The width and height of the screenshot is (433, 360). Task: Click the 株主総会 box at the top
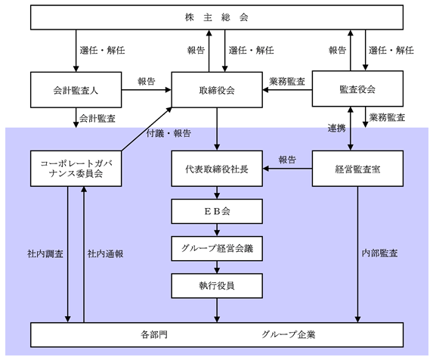click(x=217, y=17)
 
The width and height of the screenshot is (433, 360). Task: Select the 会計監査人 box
click(x=76, y=90)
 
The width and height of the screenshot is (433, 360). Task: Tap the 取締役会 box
click(x=217, y=90)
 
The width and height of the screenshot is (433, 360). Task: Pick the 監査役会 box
click(x=357, y=88)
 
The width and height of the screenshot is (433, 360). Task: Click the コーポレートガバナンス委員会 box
click(x=76, y=168)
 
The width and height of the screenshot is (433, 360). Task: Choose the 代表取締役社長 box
click(x=217, y=168)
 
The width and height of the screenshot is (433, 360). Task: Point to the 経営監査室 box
click(x=357, y=168)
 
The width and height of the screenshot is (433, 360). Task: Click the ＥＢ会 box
click(x=217, y=211)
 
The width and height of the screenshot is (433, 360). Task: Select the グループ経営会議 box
click(x=217, y=248)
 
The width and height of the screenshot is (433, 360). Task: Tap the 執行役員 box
click(x=217, y=286)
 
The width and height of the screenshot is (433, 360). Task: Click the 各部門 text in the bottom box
click(x=154, y=334)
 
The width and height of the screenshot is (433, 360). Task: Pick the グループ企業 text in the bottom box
click(x=289, y=334)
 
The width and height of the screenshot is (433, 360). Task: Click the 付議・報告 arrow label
click(x=169, y=133)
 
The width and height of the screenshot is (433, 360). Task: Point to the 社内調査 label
click(x=45, y=253)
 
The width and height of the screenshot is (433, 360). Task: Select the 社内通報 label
click(x=105, y=253)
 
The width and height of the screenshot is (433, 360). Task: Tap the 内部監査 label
click(x=379, y=253)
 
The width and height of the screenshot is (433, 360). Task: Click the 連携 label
click(x=336, y=128)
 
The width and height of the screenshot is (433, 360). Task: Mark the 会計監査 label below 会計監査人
click(x=97, y=119)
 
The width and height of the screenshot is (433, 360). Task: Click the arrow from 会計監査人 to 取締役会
click(x=147, y=90)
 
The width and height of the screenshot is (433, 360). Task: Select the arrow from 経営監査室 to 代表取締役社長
click(x=287, y=168)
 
